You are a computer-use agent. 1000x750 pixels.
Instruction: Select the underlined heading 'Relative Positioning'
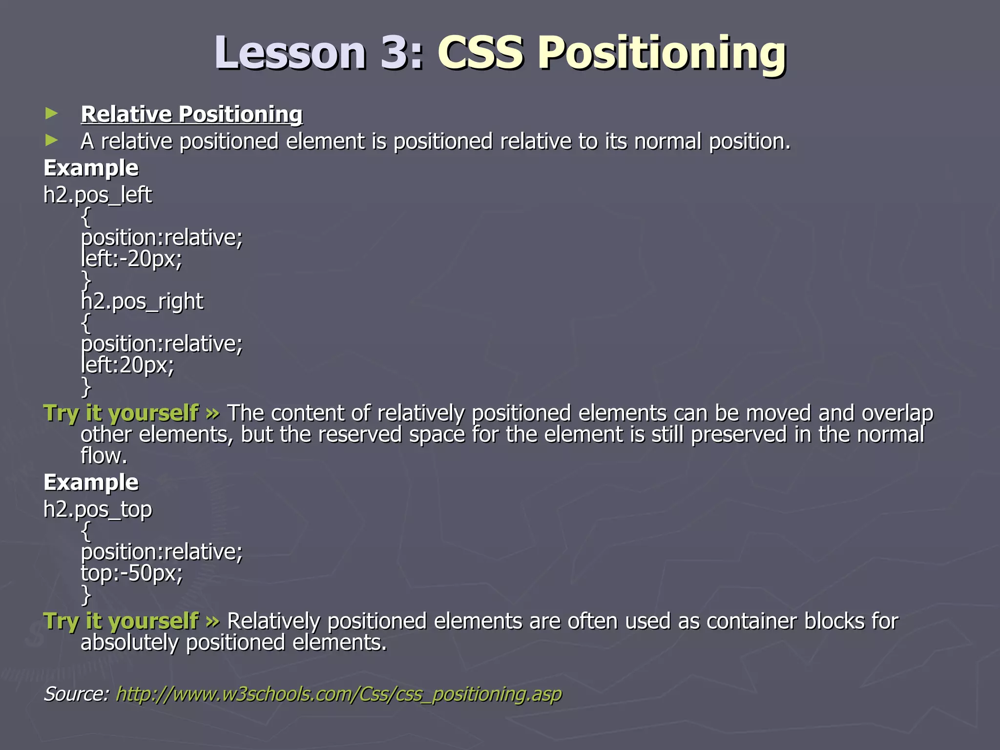coord(191,114)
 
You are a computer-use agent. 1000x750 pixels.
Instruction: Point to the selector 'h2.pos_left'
coord(98,195)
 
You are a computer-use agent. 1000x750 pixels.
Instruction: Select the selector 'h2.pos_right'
coord(142,301)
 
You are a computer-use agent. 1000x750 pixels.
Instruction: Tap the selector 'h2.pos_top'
coord(98,509)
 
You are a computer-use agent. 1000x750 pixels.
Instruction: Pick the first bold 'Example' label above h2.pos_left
coord(91,168)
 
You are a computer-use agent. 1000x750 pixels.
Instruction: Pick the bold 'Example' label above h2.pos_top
coord(91,482)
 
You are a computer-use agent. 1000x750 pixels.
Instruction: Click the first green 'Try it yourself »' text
coord(131,413)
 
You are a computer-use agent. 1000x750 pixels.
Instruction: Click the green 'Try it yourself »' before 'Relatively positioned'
coord(131,621)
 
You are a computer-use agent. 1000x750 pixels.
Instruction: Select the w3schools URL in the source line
coord(338,694)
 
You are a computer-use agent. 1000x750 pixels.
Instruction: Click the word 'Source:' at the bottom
coord(76,694)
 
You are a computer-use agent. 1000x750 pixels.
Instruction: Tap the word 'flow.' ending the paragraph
coord(104,456)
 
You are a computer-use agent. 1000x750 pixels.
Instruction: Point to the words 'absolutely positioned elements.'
coord(233,643)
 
